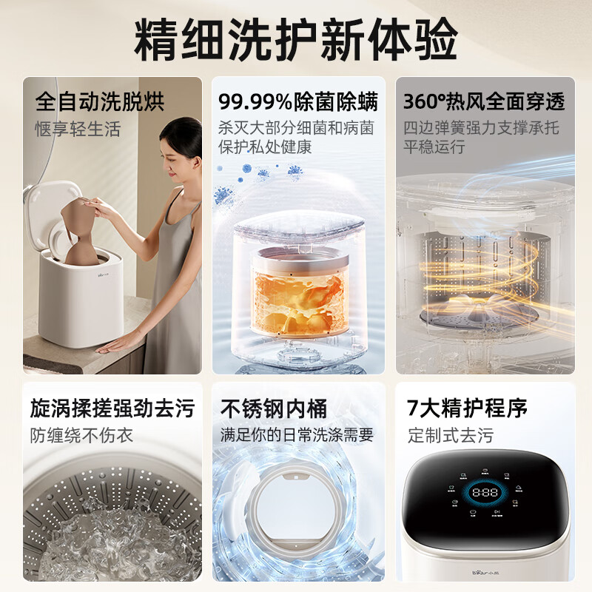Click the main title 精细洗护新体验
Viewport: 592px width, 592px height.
pyautogui.click(x=295, y=39)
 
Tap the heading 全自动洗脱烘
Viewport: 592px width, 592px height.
pyautogui.click(x=100, y=101)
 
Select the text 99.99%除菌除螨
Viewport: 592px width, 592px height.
pyautogui.click(x=298, y=101)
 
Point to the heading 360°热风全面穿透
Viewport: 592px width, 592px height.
pyautogui.click(x=484, y=101)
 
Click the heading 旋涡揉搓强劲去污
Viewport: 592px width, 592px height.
pyautogui.click(x=112, y=408)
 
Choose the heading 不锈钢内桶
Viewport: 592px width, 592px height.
pyautogui.click(x=274, y=408)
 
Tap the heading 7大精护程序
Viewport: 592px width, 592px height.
pyautogui.click(x=467, y=408)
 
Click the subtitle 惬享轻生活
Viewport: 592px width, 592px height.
pyautogui.click(x=78, y=129)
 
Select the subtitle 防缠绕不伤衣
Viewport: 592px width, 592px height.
pyautogui.click(x=81, y=435)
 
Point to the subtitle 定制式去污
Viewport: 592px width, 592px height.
pyautogui.click(x=451, y=435)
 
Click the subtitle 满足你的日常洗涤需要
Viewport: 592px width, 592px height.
pyautogui.click(x=297, y=435)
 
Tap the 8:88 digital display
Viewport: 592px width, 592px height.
pyautogui.click(x=485, y=492)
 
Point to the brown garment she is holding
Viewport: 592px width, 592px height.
pyautogui.click(x=80, y=232)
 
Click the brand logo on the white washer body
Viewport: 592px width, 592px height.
pyautogui.click(x=103, y=275)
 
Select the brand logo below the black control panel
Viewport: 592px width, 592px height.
pyautogui.click(x=485, y=573)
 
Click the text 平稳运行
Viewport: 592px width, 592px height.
pyautogui.click(x=434, y=147)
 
